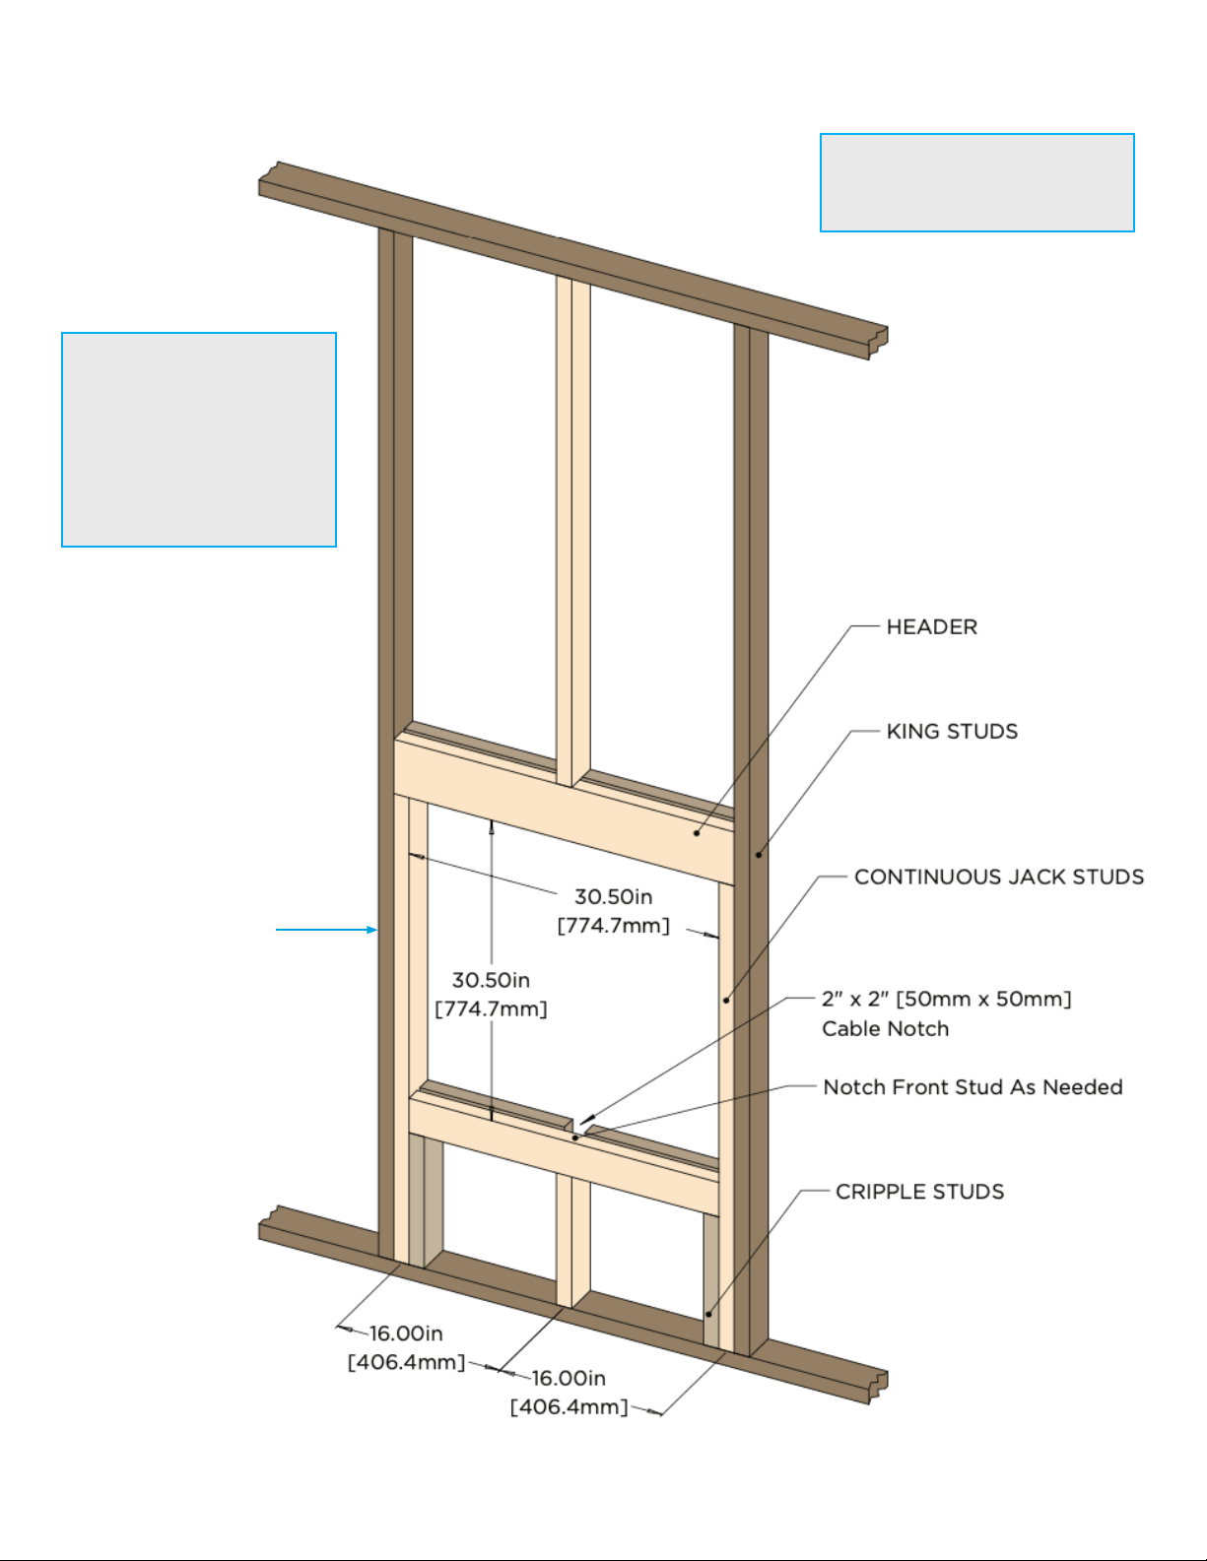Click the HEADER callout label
(932, 627)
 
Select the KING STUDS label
(952, 732)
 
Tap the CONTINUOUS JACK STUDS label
(999, 878)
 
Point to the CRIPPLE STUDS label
(919, 1192)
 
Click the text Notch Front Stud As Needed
(972, 1087)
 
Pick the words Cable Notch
(885, 1029)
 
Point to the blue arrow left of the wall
(327, 930)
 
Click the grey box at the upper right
(977, 182)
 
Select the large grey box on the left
(199, 439)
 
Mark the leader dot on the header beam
(697, 833)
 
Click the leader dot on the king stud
(759, 855)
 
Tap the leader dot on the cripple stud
(708, 1315)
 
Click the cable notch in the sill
(578, 1127)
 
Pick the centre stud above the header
(573, 532)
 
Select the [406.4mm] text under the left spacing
(407, 1363)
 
